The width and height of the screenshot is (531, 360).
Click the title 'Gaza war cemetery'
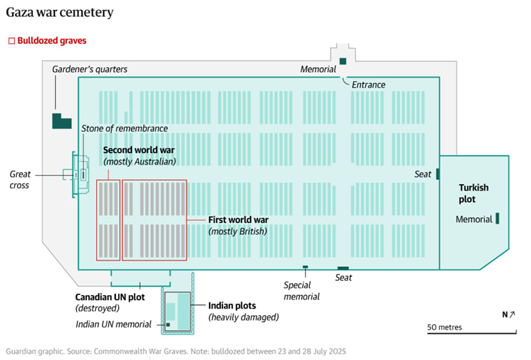pyautogui.click(x=59, y=13)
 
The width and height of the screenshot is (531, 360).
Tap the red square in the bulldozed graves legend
pyautogui.click(x=11, y=41)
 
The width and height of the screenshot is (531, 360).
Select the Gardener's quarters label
pyautogui.click(x=89, y=69)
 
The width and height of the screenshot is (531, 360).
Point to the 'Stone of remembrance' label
pyautogui.click(x=124, y=128)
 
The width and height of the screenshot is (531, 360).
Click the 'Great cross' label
pyautogui.click(x=20, y=179)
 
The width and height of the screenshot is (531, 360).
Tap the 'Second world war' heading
pyautogui.click(x=138, y=150)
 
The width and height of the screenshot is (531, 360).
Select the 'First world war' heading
pyautogui.click(x=239, y=220)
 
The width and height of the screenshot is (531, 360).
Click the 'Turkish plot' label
pyautogui.click(x=474, y=193)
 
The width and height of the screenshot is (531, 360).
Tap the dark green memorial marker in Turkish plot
pyautogui.click(x=497, y=219)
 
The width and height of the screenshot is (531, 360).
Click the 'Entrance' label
pyautogui.click(x=369, y=85)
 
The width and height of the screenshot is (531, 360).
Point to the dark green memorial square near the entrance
pyautogui.click(x=342, y=61)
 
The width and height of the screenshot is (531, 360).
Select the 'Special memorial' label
pyautogui.click(x=302, y=291)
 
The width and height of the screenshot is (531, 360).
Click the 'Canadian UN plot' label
pyautogui.click(x=110, y=296)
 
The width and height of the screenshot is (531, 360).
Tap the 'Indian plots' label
pyautogui.click(x=232, y=306)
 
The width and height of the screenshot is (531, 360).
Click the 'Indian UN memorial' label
pyautogui.click(x=114, y=325)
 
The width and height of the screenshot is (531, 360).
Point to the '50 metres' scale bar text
pyautogui.click(x=444, y=328)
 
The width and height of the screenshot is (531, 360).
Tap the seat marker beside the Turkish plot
pyautogui.click(x=438, y=174)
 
